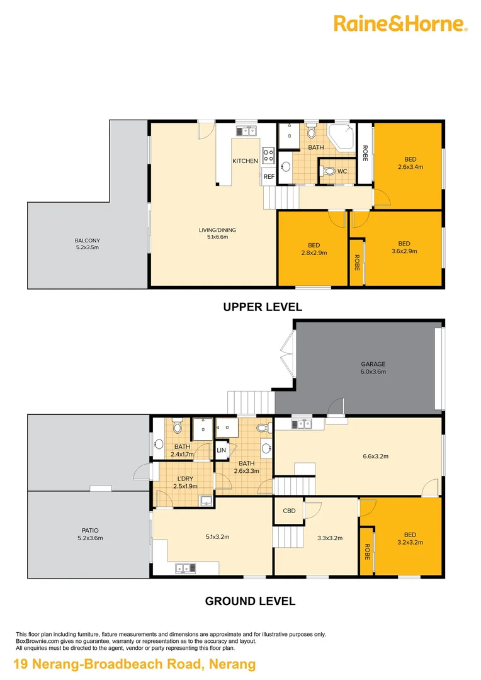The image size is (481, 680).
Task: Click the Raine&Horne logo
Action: (x=400, y=24)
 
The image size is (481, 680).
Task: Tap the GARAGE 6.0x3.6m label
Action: (x=373, y=368)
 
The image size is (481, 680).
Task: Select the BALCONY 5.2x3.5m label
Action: (x=87, y=244)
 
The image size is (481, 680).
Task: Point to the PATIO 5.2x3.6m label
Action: (x=89, y=534)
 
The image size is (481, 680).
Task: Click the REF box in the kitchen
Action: (x=269, y=177)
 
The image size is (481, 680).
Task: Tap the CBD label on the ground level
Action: (x=289, y=511)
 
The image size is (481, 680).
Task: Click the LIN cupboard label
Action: (x=221, y=450)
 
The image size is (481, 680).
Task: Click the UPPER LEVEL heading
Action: (x=263, y=307)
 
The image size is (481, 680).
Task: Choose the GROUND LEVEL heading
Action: (x=250, y=601)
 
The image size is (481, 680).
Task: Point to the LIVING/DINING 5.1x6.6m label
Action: (x=217, y=233)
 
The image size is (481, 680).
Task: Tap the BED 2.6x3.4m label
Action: (x=410, y=163)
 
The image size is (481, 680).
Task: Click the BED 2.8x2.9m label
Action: (x=313, y=249)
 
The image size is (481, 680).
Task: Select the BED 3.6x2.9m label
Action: (x=404, y=247)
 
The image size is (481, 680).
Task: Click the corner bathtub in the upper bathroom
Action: (x=343, y=137)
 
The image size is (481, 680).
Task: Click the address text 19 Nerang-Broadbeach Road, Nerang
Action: (x=135, y=664)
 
